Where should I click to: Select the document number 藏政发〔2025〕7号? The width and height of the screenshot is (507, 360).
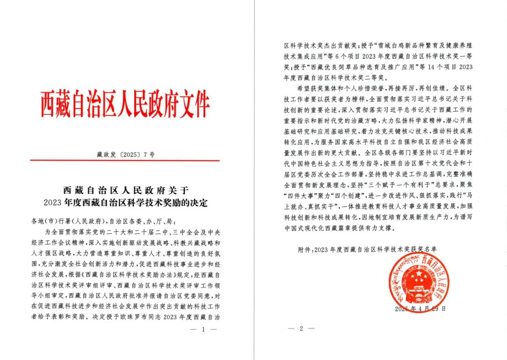coord(124,153)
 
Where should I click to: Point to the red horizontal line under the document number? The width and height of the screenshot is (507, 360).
coord(125,161)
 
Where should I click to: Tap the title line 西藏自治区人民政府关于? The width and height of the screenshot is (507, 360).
coord(125,191)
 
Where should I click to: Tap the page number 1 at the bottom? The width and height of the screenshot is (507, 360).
coord(203,329)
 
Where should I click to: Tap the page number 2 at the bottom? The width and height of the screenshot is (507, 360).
coord(301,329)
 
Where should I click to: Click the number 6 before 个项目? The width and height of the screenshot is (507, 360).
coord(361,58)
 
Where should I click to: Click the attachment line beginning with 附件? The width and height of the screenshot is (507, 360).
coord(369,250)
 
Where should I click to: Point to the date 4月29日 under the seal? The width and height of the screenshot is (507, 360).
coord(431,309)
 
